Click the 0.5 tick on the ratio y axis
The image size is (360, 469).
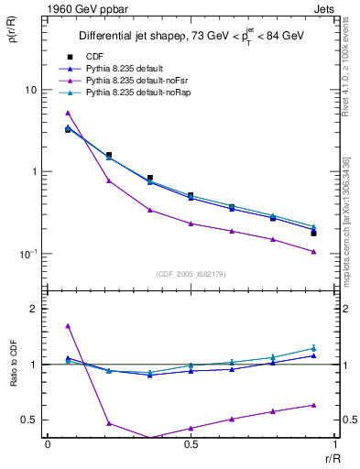(x=30, y=420)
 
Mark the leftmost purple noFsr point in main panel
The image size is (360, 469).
(x=68, y=113)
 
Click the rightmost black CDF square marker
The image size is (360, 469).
(x=313, y=234)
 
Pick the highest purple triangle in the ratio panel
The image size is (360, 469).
(x=68, y=325)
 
